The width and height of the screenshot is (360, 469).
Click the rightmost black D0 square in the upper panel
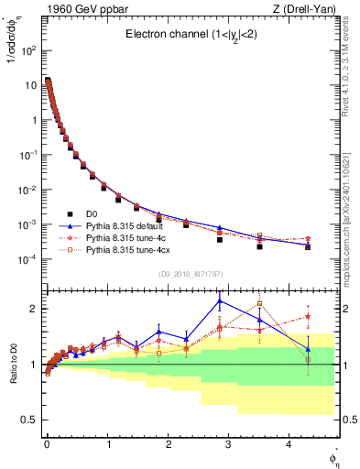click(308, 247)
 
